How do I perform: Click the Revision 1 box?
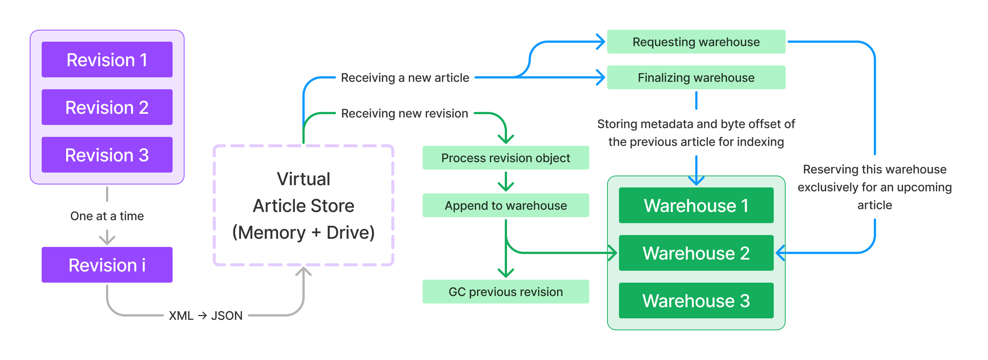[x=107, y=60]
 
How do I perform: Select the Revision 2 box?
[x=107, y=107]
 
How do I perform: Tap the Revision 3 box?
[x=107, y=154]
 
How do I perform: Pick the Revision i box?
[x=107, y=264]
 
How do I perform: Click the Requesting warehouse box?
[x=696, y=41]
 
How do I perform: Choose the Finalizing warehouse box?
[x=696, y=77]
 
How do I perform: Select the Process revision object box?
[x=506, y=158]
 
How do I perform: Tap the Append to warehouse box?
[x=506, y=205]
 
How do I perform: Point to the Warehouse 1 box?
[x=696, y=205]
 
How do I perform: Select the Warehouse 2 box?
[x=696, y=253]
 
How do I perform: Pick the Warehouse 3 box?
[x=696, y=300]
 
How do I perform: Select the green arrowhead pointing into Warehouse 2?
[x=613, y=253]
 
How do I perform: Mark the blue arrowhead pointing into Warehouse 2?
[x=780, y=253]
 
